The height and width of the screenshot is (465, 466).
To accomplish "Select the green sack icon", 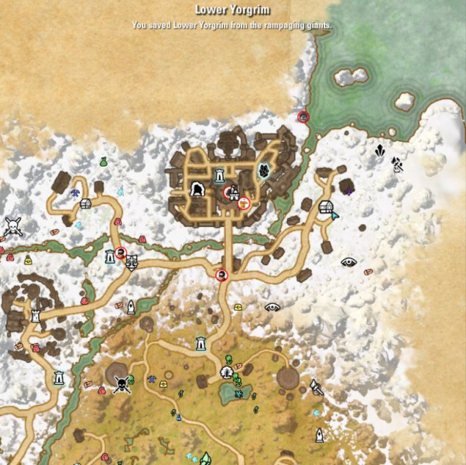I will point(103,162).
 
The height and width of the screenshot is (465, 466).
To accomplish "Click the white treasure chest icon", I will point(86,203).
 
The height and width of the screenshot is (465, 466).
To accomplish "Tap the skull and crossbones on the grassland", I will point(122,384).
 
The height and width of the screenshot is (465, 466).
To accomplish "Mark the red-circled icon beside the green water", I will point(303,117).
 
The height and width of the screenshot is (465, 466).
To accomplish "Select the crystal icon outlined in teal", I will point(264,171).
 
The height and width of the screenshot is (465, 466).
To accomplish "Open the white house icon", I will point(326,208).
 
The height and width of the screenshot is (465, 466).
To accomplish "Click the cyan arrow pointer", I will point(334,215).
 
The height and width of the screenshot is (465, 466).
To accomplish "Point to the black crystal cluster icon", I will point(380,151).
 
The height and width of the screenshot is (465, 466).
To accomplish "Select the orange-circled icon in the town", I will point(243,203).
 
